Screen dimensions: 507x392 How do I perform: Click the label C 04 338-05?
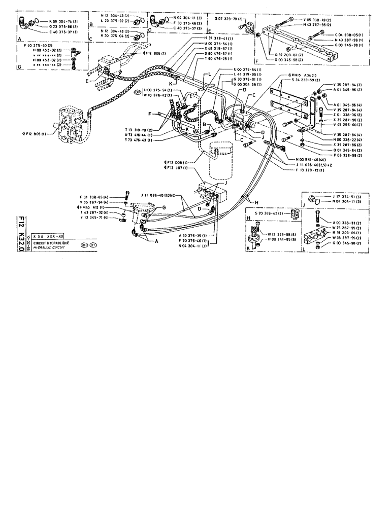click(x=349, y=35)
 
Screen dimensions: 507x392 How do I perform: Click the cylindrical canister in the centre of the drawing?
click(x=220, y=162)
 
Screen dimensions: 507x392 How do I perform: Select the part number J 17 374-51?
click(x=348, y=196)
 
